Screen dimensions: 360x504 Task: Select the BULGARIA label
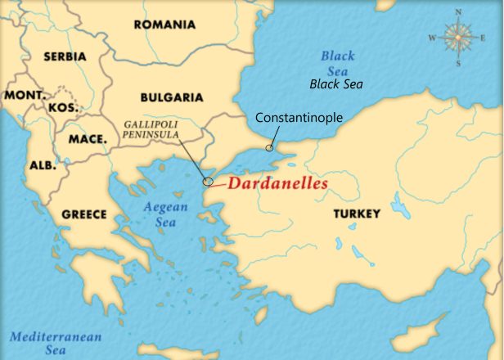pos(172,97)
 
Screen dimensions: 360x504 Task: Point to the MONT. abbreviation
pos(25,96)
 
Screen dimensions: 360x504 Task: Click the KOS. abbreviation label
pos(63,108)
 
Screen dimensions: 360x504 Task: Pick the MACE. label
pos(88,139)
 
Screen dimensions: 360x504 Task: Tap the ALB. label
pos(43,165)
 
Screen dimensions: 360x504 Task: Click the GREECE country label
pos(84,214)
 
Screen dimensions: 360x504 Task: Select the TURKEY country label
pos(356,214)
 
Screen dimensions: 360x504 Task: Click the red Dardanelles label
pos(277,184)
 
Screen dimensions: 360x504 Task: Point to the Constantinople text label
pos(299,118)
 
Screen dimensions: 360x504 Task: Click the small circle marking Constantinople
pos(269,148)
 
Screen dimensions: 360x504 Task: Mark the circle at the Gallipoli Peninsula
pos(208,182)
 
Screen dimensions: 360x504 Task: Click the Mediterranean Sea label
pos(56,344)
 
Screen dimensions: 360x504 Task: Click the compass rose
pos(458,37)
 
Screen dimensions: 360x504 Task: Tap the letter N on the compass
pos(458,11)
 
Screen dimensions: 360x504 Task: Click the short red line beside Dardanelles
pos(218,187)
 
